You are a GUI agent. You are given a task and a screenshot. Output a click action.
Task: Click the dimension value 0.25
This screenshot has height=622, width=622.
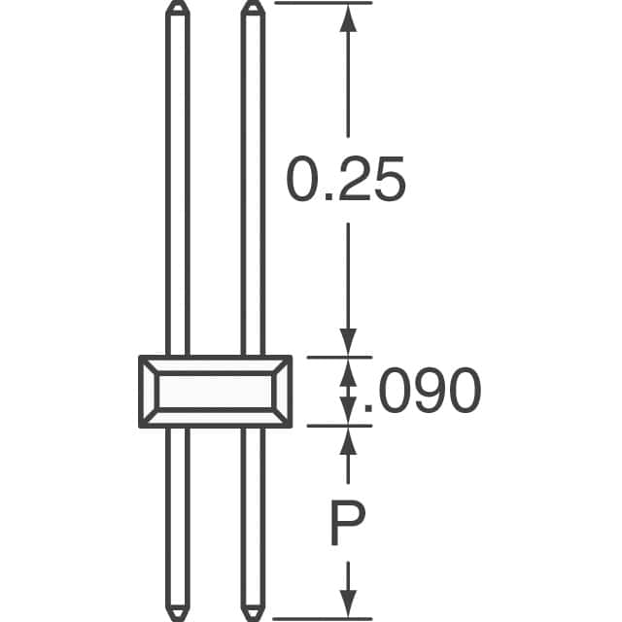coord(344,181)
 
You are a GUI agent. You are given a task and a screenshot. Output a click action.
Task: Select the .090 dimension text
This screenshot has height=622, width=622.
coord(421,392)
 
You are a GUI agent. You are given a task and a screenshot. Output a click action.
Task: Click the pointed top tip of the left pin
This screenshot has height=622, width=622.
coord(177,7)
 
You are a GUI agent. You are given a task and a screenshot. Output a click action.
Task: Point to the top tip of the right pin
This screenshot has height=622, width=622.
coord(253,7)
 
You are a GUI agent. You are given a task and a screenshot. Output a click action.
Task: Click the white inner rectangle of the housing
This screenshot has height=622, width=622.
coord(215,392)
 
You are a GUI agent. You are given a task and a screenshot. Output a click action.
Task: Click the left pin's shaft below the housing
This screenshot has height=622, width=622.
coord(177,515)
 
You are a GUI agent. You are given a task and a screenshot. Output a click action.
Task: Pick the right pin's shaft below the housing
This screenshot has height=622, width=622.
coord(253,515)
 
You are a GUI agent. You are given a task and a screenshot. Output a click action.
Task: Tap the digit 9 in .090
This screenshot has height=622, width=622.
coord(421,392)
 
